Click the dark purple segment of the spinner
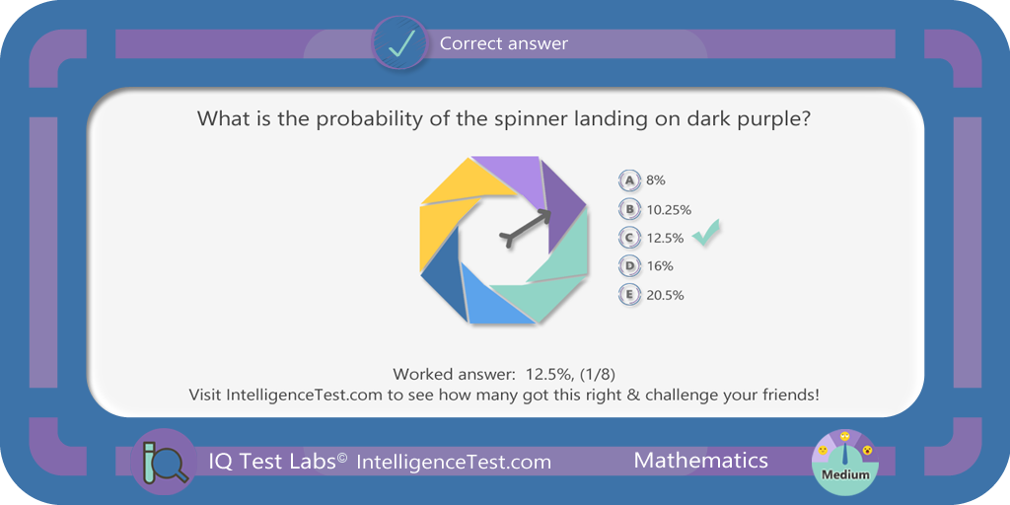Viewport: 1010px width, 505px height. (564, 206)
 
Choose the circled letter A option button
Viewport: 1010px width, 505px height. (629, 181)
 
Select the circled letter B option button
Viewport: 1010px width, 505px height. (629, 209)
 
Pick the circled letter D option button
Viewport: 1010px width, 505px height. (629, 266)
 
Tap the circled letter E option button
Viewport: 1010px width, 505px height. (629, 296)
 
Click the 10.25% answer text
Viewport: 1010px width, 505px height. (669, 209)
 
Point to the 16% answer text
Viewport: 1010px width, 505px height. (660, 266)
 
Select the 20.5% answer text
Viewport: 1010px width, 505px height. (665, 296)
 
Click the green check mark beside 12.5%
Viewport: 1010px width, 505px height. (706, 233)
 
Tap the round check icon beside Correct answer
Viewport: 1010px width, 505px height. (400, 42)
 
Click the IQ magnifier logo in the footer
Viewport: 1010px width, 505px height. (165, 463)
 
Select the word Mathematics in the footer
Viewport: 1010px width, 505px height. (701, 460)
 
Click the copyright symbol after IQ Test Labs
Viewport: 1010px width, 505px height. (342, 457)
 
